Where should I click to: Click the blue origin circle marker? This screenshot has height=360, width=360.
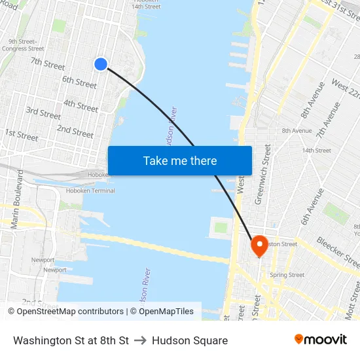(100, 63)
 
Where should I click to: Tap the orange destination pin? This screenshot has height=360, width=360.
(259, 245)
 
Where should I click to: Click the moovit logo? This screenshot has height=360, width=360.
(320, 340)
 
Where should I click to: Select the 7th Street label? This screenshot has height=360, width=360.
(48, 63)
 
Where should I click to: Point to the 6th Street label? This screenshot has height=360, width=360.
(79, 81)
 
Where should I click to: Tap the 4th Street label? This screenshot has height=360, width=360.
(81, 105)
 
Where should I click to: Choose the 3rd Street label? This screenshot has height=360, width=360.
(43, 113)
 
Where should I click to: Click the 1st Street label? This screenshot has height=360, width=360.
(21, 135)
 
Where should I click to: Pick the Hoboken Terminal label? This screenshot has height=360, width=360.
(90, 190)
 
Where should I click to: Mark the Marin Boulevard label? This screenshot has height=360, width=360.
(17, 199)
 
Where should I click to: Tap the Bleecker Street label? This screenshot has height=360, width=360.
(338, 252)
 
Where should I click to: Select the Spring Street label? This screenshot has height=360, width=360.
(287, 275)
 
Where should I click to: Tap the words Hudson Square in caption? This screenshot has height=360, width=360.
(190, 340)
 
